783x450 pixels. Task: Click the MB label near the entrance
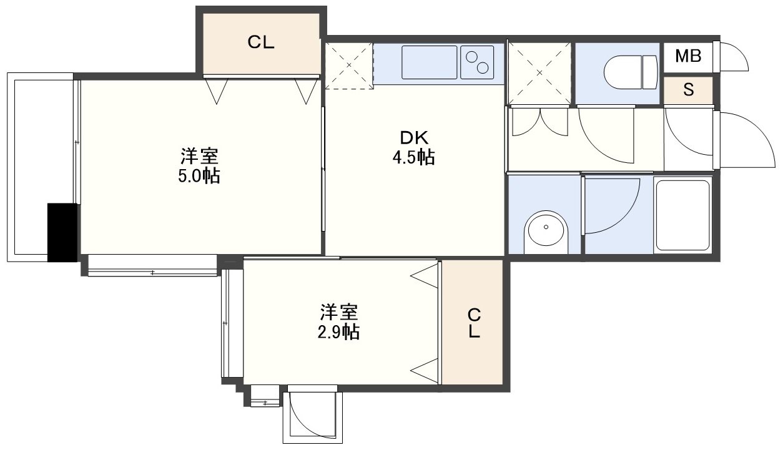pyautogui.click(x=688, y=56)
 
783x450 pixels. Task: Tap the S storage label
pyautogui.click(x=689, y=90)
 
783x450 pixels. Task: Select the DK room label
pyautogui.click(x=414, y=139)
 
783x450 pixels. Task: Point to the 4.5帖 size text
pyautogui.click(x=413, y=157)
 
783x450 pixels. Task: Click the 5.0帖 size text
pyautogui.click(x=199, y=176)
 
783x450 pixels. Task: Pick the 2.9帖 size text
pyautogui.click(x=338, y=332)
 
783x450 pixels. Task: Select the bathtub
pyautogui.click(x=683, y=215)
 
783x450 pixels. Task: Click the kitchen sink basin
pyautogui.click(x=429, y=62)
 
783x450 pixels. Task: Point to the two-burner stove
pyautogui.click(x=477, y=62)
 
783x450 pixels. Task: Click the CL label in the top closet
pyautogui.click(x=261, y=42)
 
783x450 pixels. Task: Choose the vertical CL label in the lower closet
pyautogui.click(x=474, y=323)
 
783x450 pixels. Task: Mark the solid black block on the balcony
pyautogui.click(x=62, y=232)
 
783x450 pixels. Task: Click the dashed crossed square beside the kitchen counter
pyautogui.click(x=349, y=66)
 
